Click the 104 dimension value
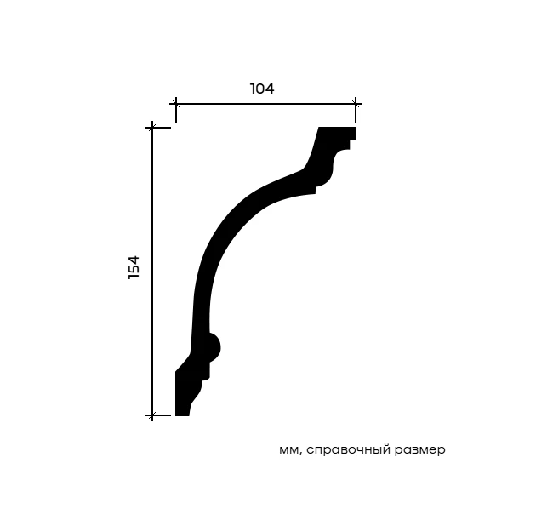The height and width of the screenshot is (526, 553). pos(262,89)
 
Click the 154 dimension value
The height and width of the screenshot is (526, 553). pos(134,267)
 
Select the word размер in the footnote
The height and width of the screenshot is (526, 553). pos(420,450)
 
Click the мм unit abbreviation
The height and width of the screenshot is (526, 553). pos(288,450)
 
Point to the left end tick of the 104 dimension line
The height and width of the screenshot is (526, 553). pos(175,104)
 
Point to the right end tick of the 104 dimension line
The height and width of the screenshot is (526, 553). pos(356,104)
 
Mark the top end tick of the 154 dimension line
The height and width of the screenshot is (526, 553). pos(152,127)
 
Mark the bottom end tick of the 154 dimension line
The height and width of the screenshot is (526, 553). pos(152,415)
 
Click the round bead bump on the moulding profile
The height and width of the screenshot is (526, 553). pos(214,347)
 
